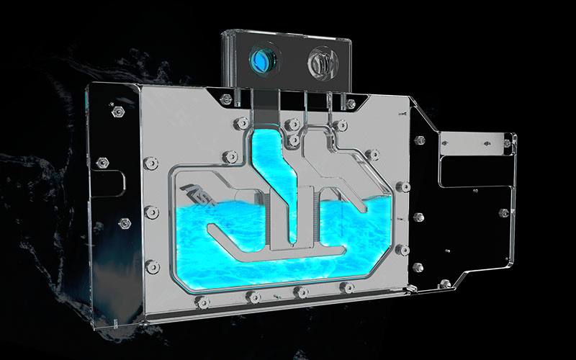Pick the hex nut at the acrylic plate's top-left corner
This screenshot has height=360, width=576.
pos(116,112)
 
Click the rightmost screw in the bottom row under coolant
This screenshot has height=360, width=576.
pos(348,288)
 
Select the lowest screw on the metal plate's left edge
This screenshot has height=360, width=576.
pos(152,266)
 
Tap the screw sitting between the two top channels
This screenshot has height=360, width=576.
pos(292,125)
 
